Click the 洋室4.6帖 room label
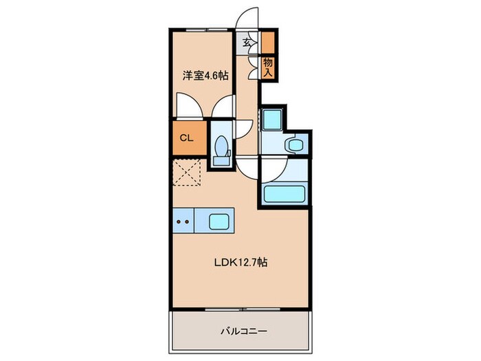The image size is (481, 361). [x=204, y=76]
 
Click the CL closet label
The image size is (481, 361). [x=186, y=137]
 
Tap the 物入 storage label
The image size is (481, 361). [x=268, y=66]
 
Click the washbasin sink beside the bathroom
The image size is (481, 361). [x=294, y=144]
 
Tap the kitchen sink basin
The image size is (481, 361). [x=220, y=221]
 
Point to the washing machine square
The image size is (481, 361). [x=271, y=120]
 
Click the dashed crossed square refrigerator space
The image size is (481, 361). [x=186, y=171]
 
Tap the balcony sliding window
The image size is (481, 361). [x=240, y=309]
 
